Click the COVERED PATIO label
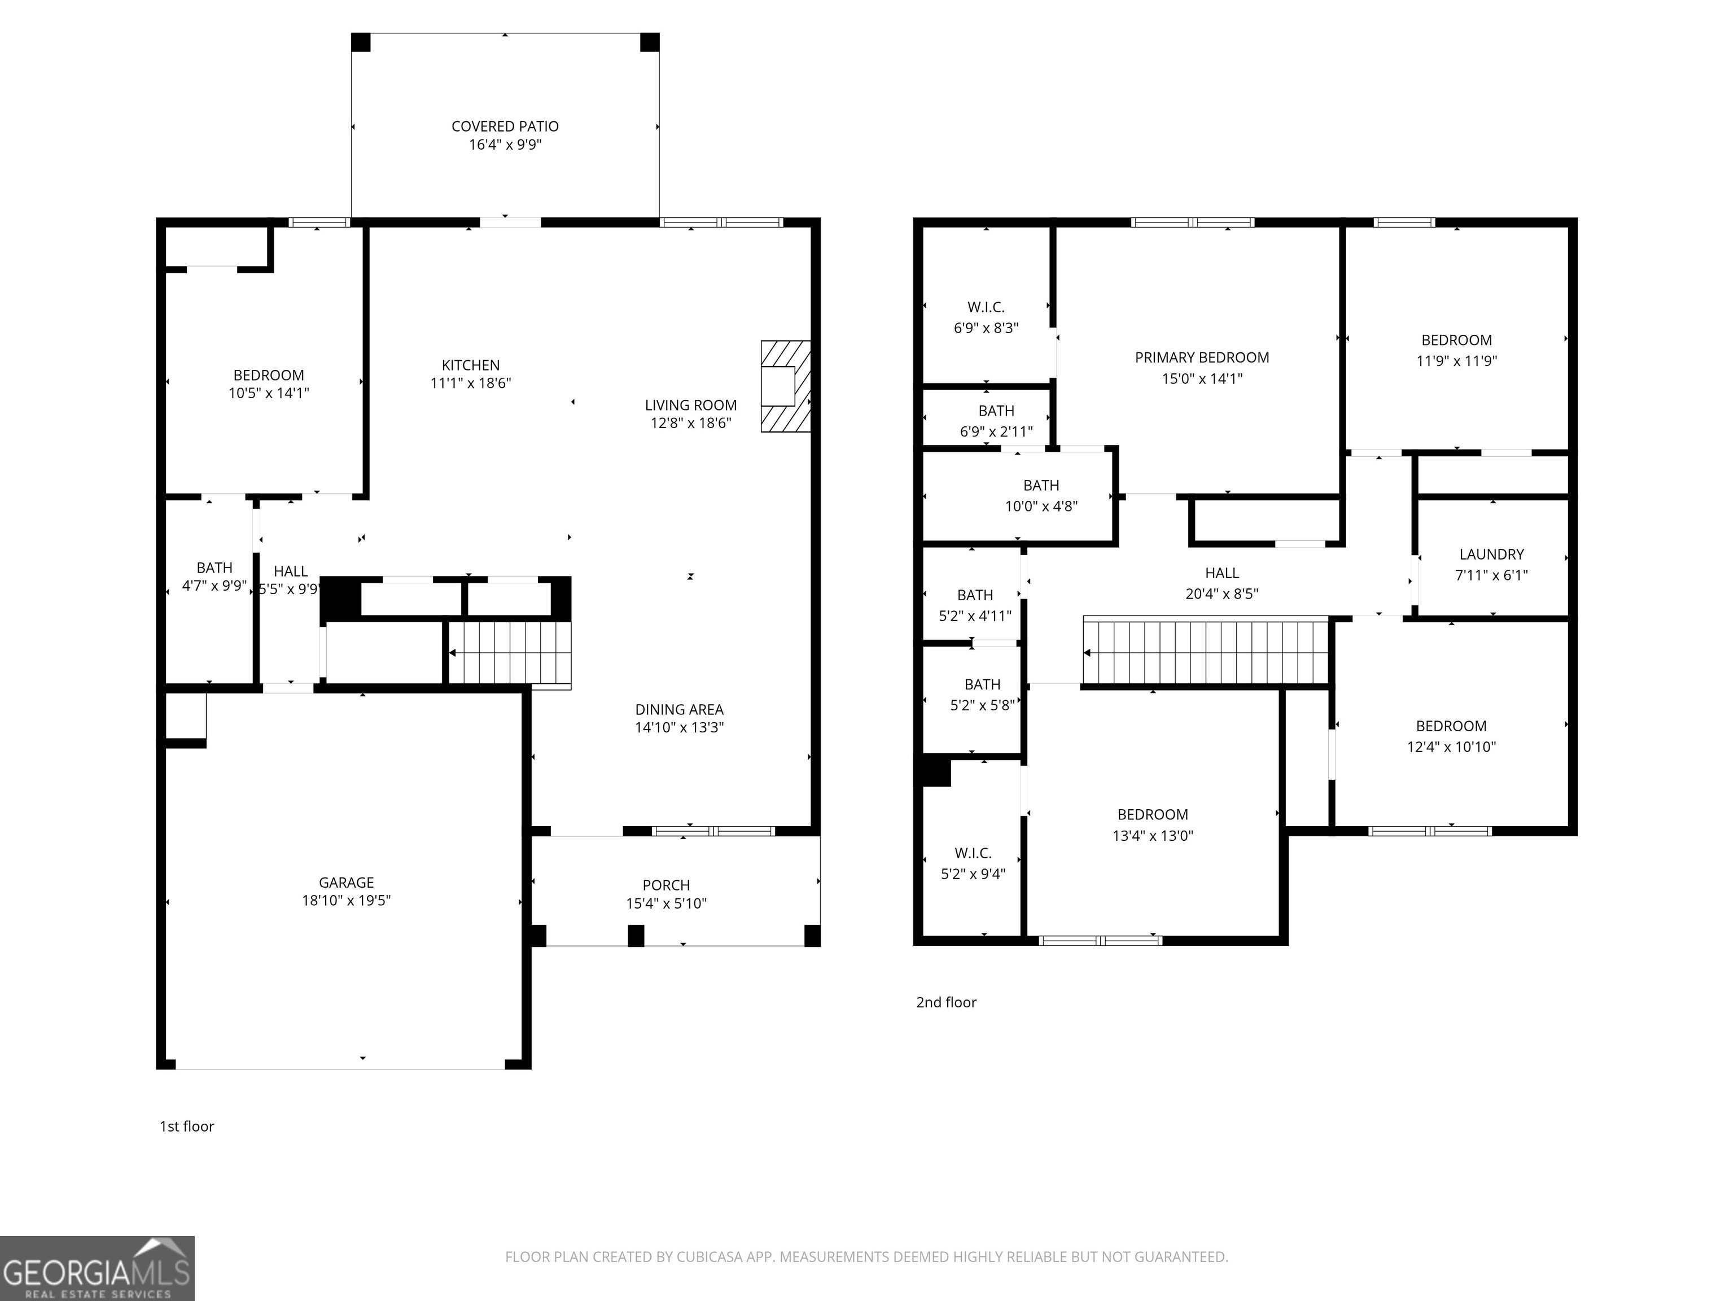tap(505, 126)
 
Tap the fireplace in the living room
tap(786, 386)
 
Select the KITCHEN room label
tap(470, 365)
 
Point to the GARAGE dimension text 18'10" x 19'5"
tap(347, 900)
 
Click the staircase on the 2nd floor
tap(1206, 651)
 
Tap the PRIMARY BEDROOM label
tap(1202, 357)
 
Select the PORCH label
tap(666, 885)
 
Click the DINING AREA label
tap(679, 710)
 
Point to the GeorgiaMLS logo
tap(97, 1268)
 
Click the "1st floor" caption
tap(187, 1126)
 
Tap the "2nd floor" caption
tap(946, 1002)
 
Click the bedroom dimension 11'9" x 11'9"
tap(1456, 361)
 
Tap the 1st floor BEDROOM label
tap(269, 376)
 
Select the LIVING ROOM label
tap(691, 405)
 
